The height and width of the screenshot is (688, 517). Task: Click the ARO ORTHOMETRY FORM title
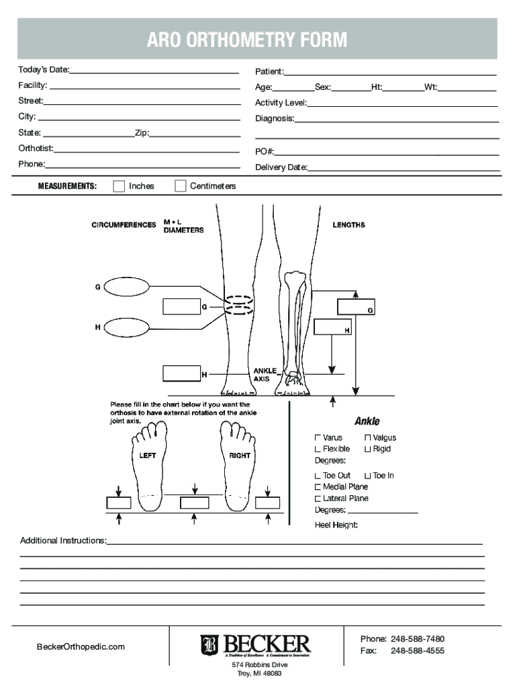point(247,40)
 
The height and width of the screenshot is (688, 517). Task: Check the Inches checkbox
point(120,186)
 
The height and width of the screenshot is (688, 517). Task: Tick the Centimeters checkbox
point(181,186)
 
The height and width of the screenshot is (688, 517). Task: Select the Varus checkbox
point(318,438)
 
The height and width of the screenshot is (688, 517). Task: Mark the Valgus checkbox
point(367,438)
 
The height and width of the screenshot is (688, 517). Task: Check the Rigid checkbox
point(367,449)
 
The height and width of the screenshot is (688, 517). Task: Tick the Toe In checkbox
point(367,476)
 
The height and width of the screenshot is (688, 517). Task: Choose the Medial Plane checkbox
point(318,486)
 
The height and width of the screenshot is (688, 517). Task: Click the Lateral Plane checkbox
point(318,499)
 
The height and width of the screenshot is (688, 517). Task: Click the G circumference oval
point(128,287)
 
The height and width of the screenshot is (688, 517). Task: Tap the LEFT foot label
point(148,456)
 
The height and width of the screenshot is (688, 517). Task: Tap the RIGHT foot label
point(240,456)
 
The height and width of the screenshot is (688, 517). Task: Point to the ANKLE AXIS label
point(263,375)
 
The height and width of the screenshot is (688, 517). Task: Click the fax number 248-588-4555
point(417,651)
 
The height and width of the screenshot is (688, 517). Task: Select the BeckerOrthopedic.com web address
point(81,646)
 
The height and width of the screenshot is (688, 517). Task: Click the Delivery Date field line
point(404,167)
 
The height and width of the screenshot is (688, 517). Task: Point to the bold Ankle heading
point(367,421)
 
